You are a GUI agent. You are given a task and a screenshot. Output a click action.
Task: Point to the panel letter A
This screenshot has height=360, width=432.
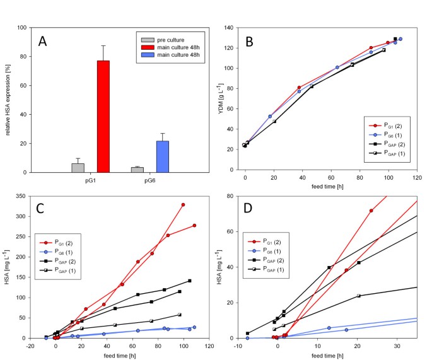tap(43, 42)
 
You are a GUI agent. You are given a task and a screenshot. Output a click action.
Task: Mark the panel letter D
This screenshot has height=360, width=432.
tap(248, 209)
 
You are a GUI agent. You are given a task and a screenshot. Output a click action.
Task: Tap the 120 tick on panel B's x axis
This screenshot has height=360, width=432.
tap(417, 178)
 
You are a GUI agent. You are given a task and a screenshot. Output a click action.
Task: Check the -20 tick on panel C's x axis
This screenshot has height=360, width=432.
tap(30, 345)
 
